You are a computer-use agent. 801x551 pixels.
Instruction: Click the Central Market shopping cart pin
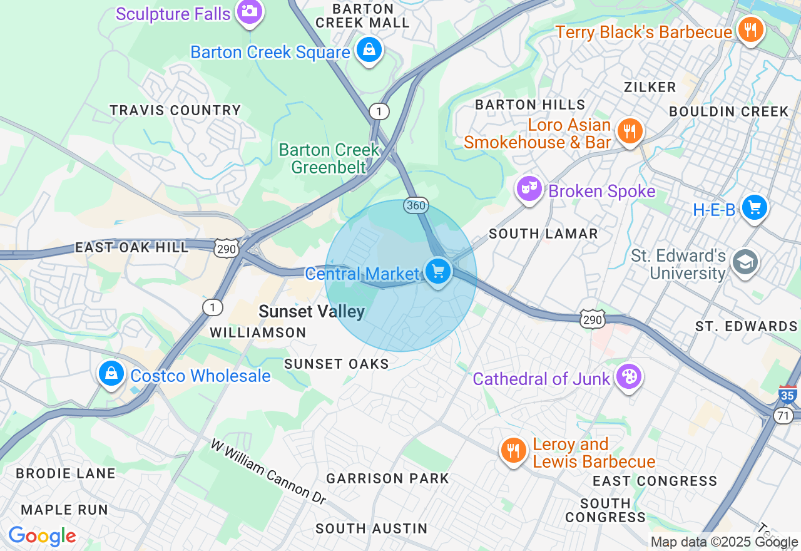(x=438, y=272)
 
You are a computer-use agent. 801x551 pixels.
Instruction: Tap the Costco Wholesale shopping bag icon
(x=111, y=374)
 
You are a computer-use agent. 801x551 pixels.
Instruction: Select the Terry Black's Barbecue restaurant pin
(x=750, y=29)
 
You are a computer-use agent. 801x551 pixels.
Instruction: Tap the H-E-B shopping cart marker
(x=755, y=207)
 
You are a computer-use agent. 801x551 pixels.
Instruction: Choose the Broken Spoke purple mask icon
(x=529, y=188)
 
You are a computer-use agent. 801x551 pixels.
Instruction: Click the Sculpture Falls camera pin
(x=250, y=11)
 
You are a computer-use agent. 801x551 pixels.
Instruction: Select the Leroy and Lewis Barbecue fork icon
(x=513, y=450)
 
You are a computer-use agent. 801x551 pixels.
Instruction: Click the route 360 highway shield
(x=416, y=205)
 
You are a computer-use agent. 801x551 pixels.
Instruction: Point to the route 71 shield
(x=784, y=416)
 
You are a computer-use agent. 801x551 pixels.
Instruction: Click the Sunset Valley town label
(x=312, y=311)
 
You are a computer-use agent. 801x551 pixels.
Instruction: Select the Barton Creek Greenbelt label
(x=329, y=158)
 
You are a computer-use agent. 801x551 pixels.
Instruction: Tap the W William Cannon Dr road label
(x=268, y=471)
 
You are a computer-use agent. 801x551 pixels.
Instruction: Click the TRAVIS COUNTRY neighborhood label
(x=175, y=111)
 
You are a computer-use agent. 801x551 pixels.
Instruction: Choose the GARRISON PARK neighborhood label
(x=387, y=479)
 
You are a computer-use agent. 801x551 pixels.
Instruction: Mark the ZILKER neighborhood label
(x=650, y=87)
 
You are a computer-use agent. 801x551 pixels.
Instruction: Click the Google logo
(x=42, y=536)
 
